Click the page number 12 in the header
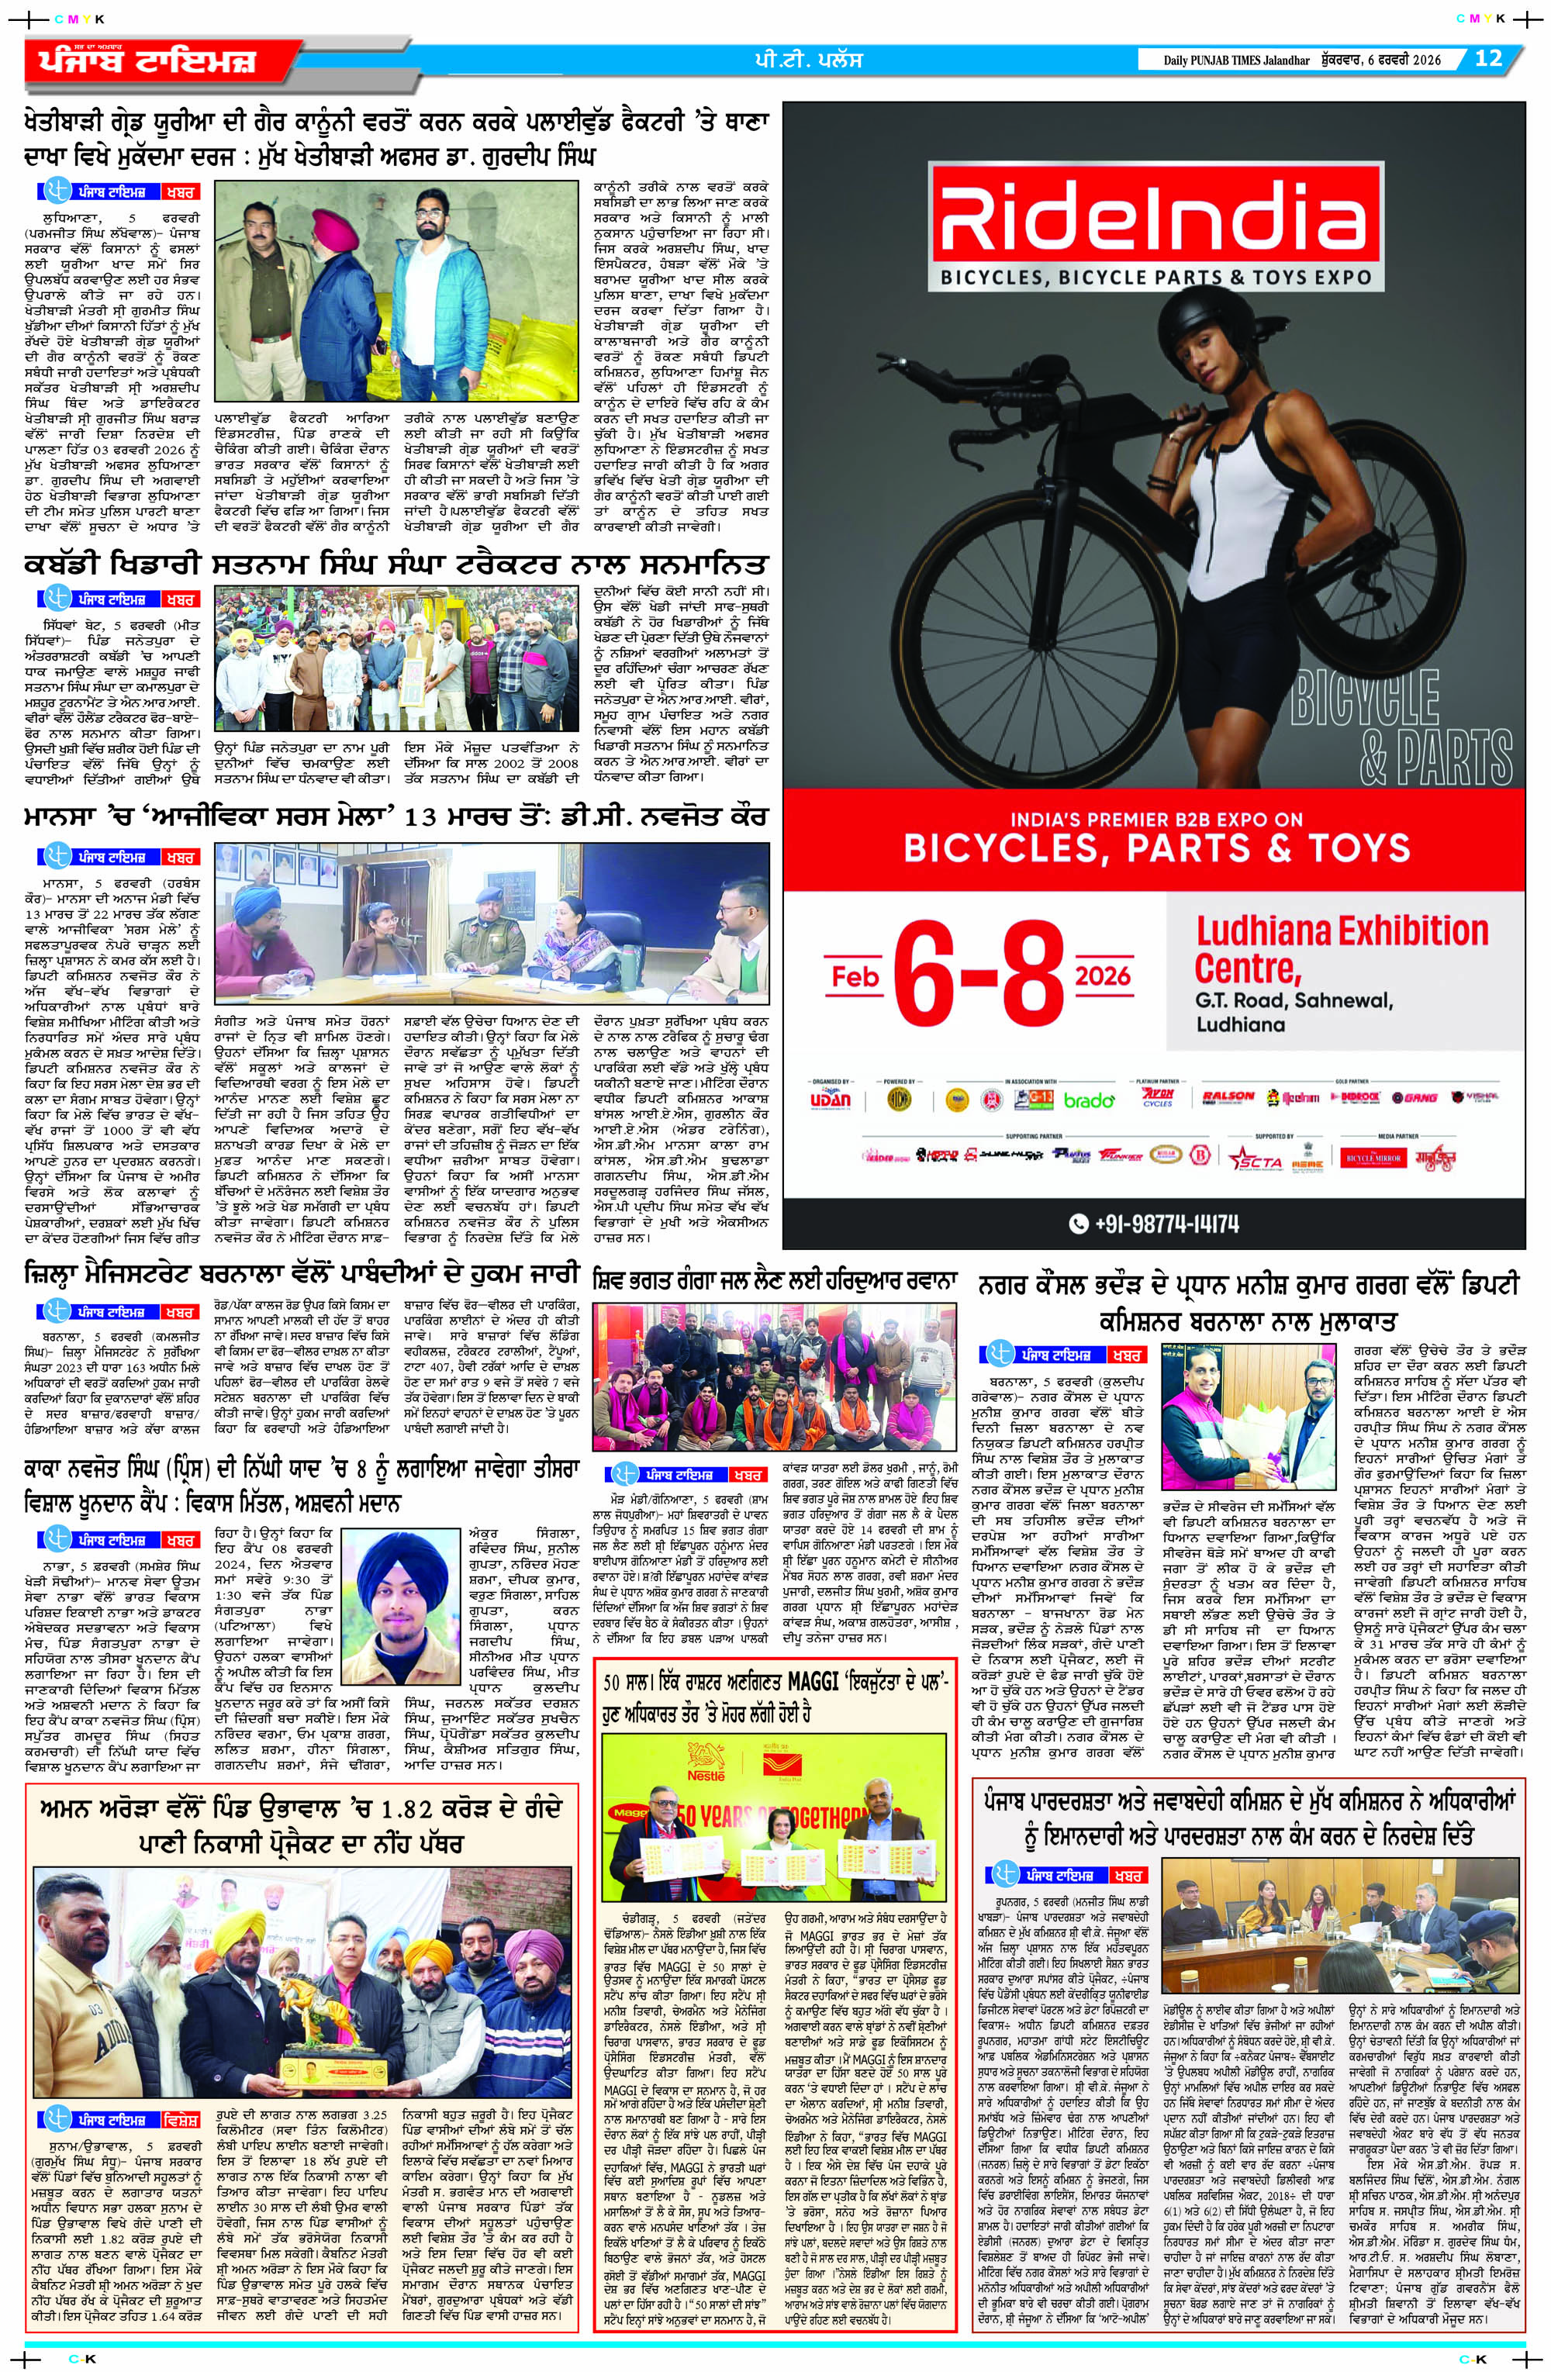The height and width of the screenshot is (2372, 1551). (1487, 58)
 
